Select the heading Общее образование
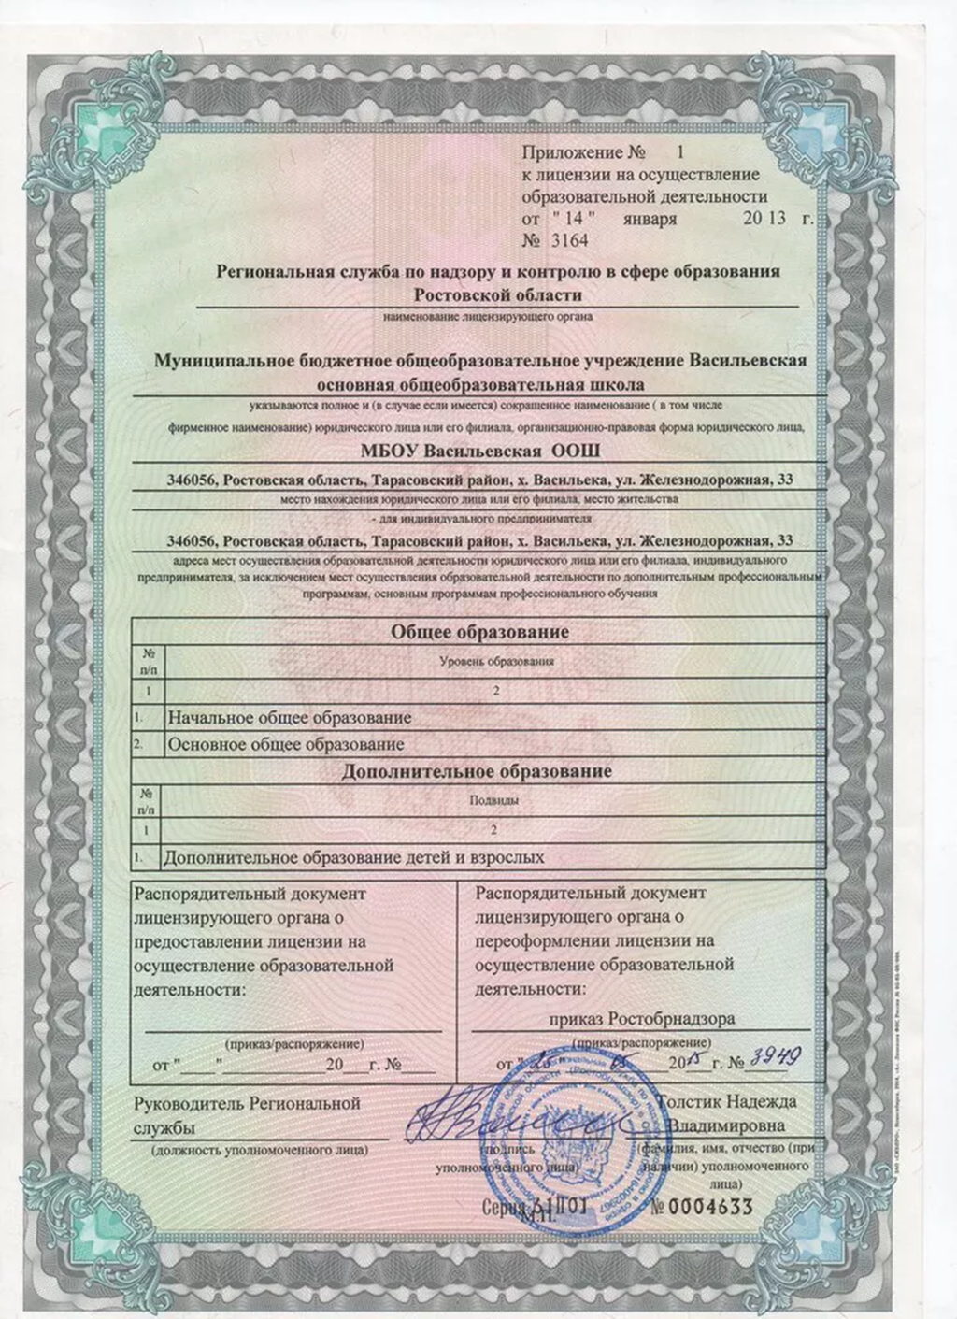tap(479, 632)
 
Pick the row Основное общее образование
tap(284, 744)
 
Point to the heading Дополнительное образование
tap(477, 772)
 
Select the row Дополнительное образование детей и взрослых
tap(353, 856)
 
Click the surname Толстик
tap(691, 1103)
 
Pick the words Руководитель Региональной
tap(248, 1104)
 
